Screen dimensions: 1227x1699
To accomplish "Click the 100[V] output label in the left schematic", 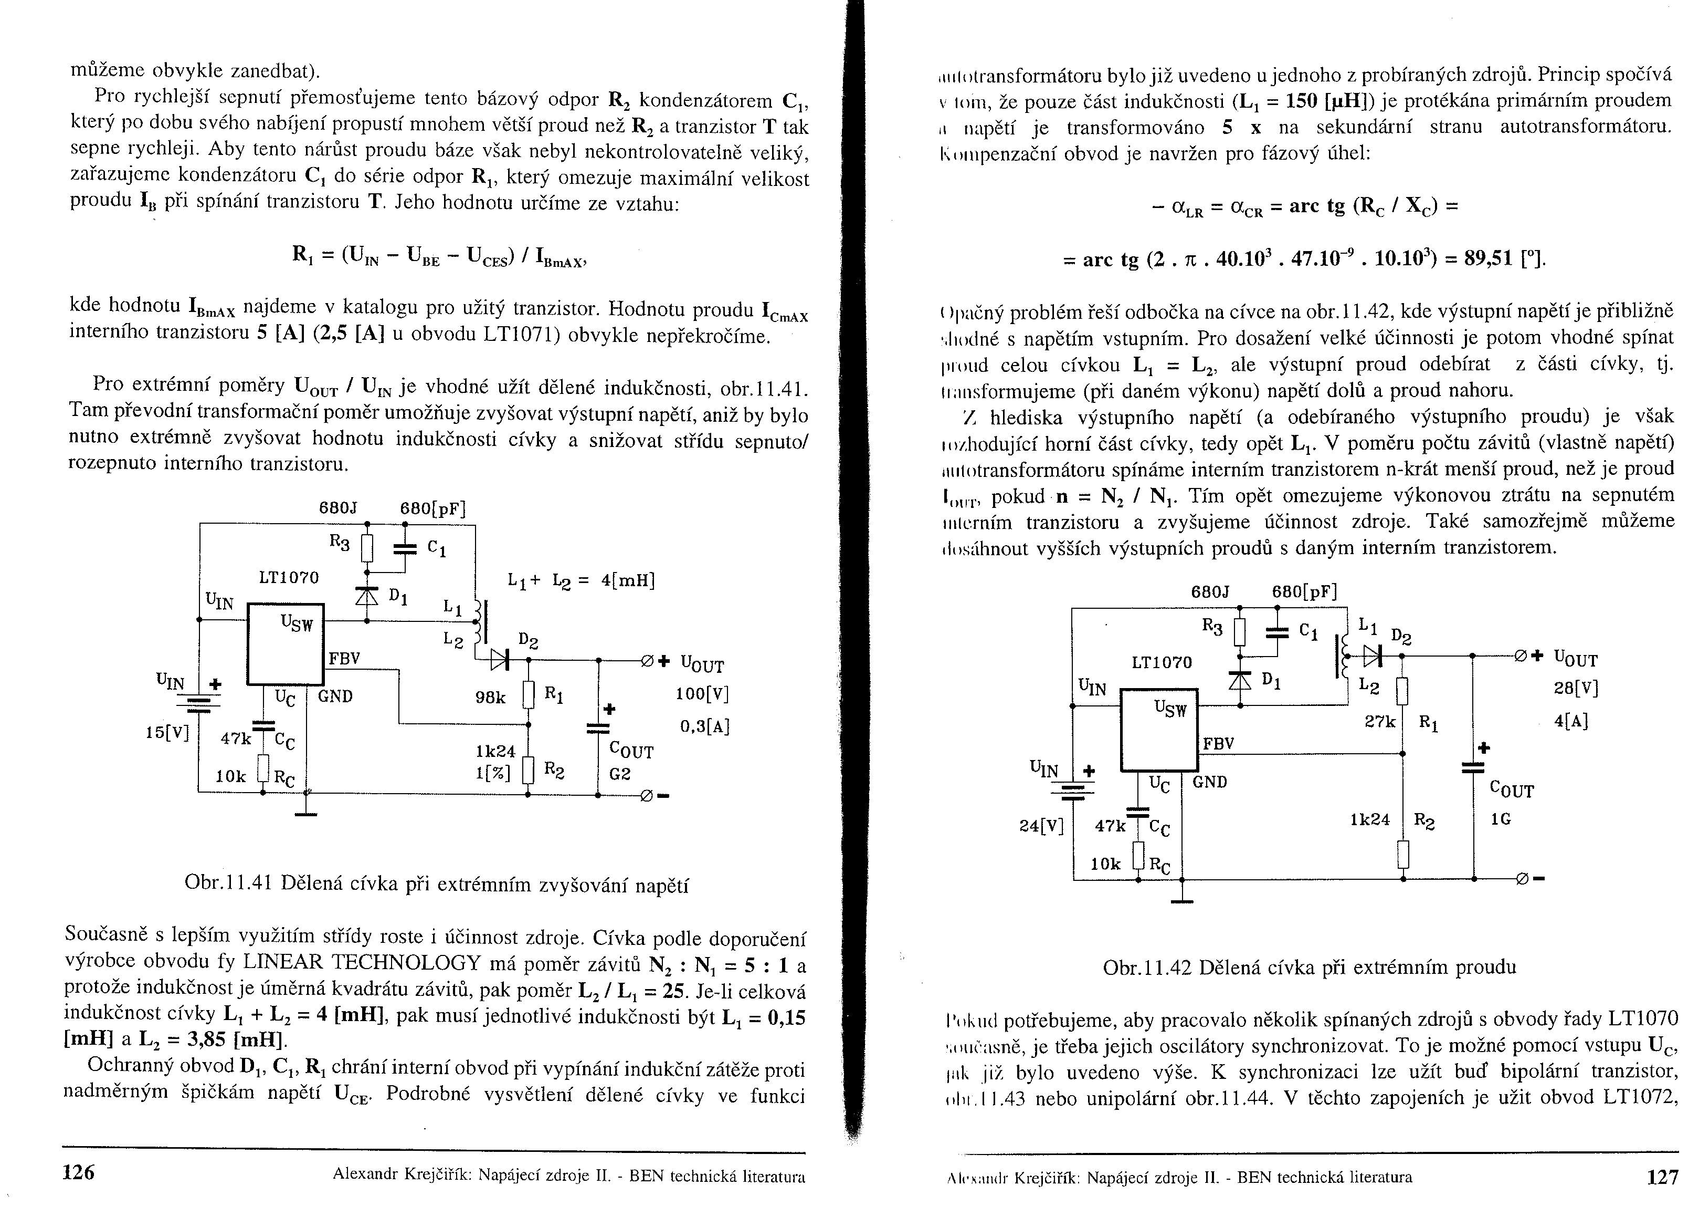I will (x=701, y=694).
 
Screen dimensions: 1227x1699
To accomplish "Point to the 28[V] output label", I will (x=1576, y=688).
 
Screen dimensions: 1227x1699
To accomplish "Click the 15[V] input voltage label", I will (x=168, y=732).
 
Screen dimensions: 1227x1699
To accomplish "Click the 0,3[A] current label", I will (x=704, y=726).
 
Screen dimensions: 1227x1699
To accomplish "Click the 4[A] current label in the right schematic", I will (x=1571, y=721).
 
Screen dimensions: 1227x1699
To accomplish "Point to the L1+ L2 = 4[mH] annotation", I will (x=581, y=581).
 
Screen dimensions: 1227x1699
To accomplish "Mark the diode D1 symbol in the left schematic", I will (x=366, y=595).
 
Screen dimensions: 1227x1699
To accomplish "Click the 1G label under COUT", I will (x=1501, y=819).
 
